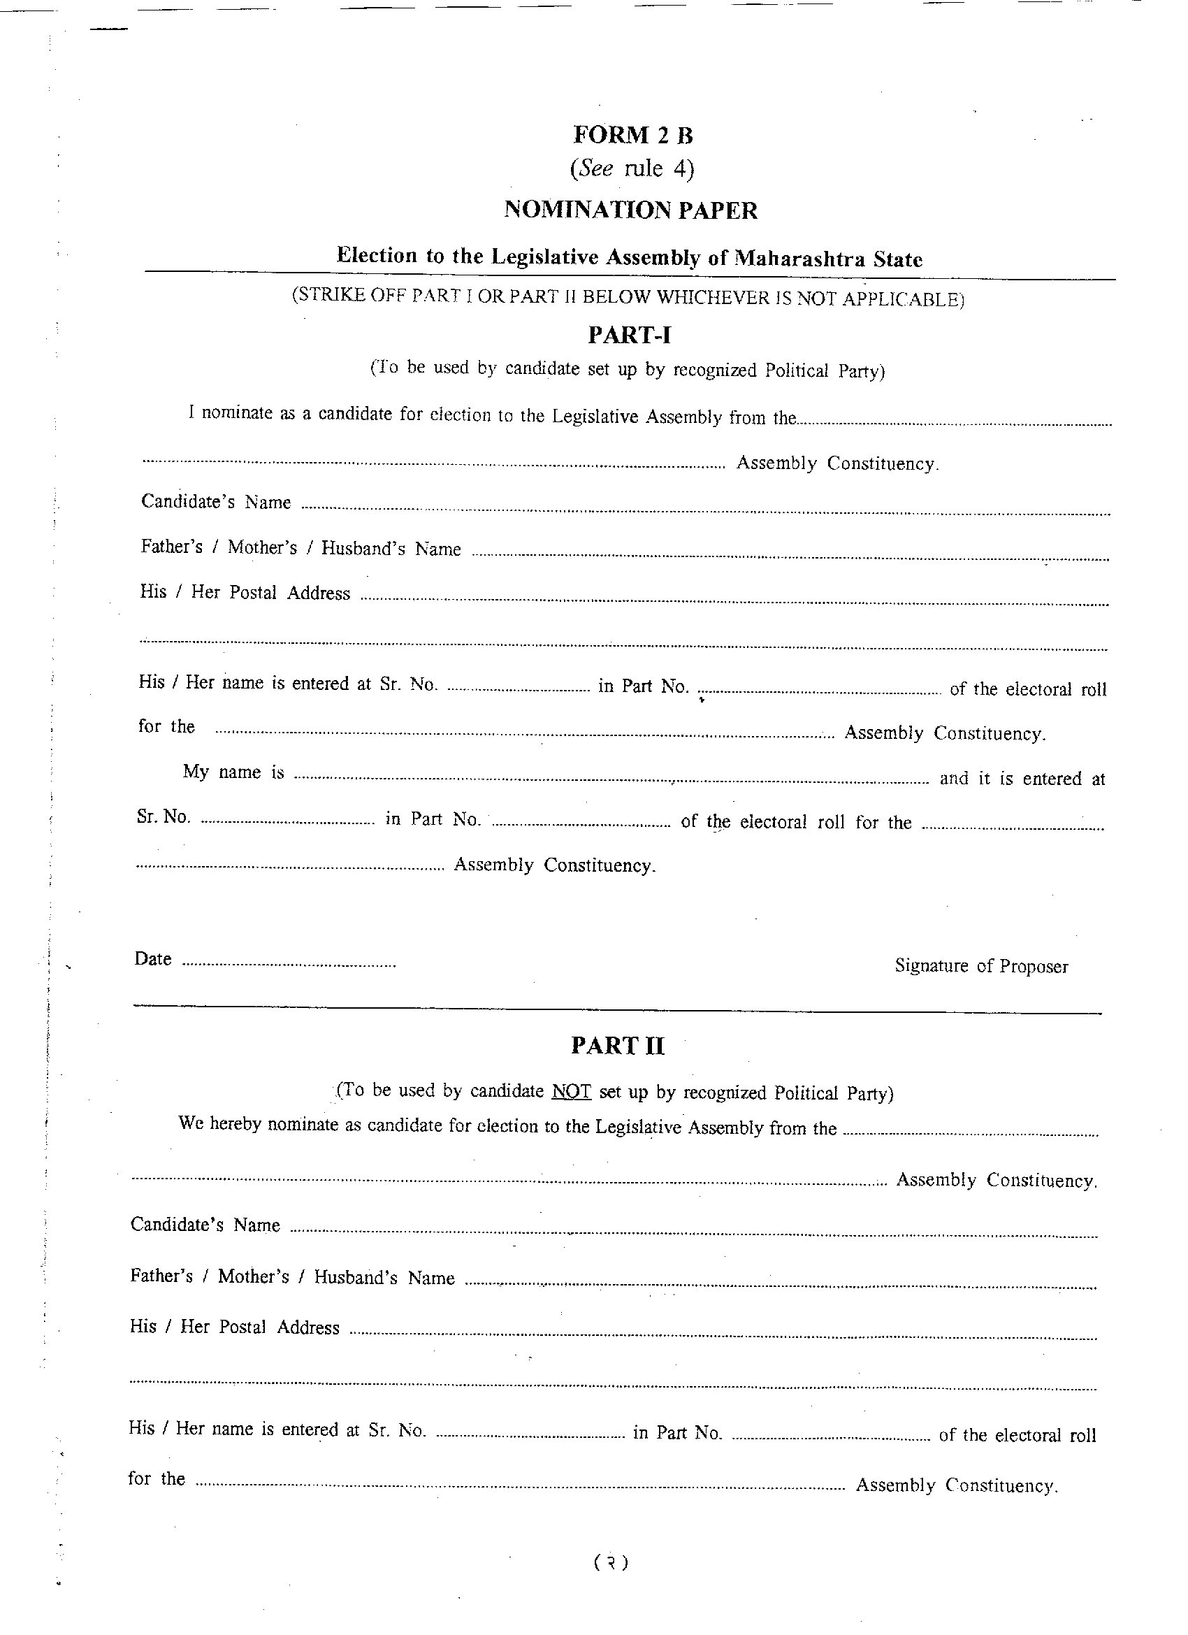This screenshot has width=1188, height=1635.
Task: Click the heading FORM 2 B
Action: coord(632,135)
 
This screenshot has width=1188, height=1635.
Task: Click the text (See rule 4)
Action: coord(632,168)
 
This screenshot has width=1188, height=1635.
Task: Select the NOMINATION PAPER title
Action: coord(630,210)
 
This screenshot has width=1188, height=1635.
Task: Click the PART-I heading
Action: coord(630,335)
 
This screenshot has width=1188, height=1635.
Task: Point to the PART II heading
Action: coord(617,1046)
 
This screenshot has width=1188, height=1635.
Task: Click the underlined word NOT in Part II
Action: coord(571,1091)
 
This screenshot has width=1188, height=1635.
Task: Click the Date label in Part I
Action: coord(153,959)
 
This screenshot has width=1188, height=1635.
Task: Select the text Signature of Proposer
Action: coord(981,966)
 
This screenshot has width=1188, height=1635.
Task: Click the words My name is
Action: coord(233,772)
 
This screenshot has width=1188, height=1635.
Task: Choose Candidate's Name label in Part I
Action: coord(216,502)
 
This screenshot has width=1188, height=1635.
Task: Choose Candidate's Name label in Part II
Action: coord(205,1225)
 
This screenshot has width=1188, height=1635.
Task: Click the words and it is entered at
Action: coord(1022,779)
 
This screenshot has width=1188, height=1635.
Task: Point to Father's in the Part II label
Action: coord(161,1276)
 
